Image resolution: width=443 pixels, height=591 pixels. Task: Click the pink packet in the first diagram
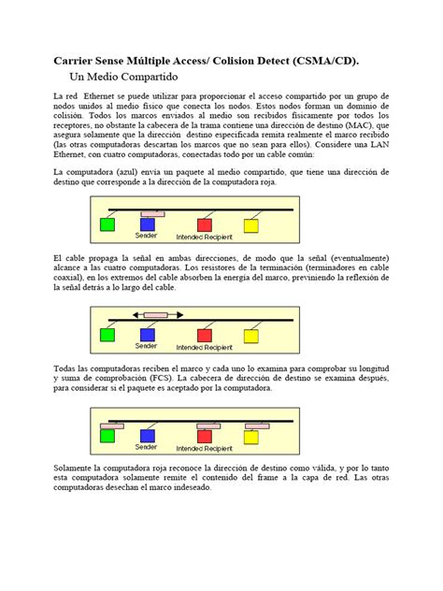pos(152,214)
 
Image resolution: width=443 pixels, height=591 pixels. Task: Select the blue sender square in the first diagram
pos(147,225)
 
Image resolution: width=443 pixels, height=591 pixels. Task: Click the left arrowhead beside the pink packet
pos(136,315)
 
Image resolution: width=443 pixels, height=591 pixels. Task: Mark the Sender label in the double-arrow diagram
pos(147,346)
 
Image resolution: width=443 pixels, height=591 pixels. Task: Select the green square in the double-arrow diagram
pos(108,335)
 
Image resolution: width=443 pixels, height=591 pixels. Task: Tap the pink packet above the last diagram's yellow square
pos(253,426)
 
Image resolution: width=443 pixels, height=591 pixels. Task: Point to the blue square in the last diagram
pos(147,435)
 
